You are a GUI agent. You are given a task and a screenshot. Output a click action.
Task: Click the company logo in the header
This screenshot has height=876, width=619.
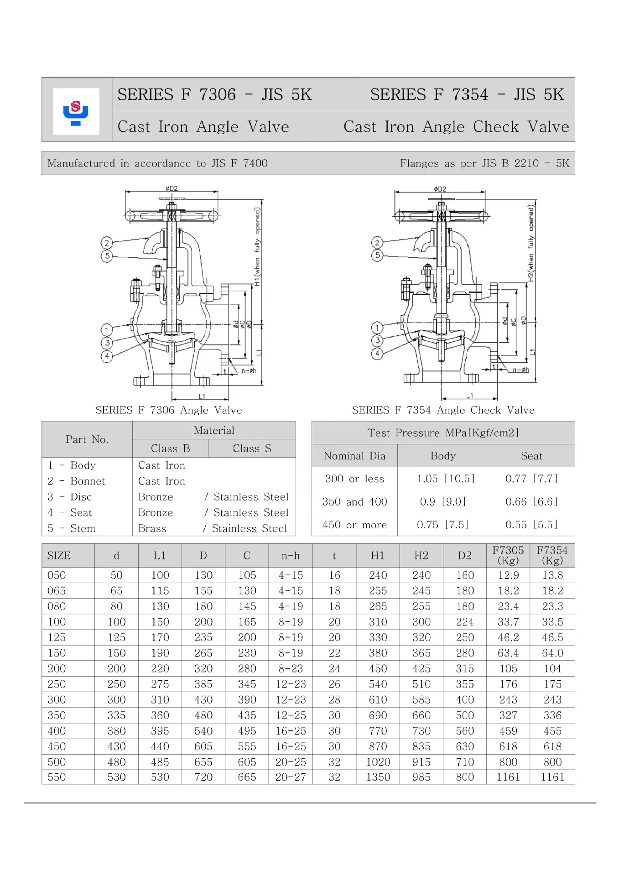coord(76,112)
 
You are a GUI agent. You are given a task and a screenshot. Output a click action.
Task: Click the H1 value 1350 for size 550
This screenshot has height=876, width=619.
coord(378,777)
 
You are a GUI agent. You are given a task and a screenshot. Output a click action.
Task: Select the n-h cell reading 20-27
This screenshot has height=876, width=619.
coord(291,777)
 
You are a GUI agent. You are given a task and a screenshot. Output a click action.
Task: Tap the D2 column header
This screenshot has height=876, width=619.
coord(464,555)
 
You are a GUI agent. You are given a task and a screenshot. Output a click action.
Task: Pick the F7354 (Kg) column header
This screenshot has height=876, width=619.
coord(552,555)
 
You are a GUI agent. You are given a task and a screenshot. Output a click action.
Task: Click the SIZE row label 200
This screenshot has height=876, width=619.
coord(57,668)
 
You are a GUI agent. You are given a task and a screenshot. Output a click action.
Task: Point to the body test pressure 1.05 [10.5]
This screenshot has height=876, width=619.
coord(445,479)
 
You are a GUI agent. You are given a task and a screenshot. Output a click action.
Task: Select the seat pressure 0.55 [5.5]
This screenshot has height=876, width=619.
coord(531,525)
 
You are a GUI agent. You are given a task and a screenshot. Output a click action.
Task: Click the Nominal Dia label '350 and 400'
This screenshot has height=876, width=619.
coord(354,502)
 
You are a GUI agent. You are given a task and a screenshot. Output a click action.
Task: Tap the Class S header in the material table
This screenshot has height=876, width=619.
coord(252,448)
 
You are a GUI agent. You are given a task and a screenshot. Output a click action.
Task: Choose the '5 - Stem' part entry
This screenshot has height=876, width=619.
coord(72,528)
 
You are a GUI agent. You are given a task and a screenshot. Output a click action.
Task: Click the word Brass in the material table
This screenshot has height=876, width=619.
coord(152,528)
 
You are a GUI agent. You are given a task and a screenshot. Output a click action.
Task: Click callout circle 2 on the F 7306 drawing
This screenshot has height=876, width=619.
coord(107,243)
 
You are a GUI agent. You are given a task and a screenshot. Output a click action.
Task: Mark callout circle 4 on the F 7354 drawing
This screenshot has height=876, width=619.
coord(377,354)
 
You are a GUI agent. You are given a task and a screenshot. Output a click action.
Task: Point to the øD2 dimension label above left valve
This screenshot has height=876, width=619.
coord(172,188)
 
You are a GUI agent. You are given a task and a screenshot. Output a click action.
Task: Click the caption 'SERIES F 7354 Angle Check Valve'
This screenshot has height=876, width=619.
coord(443,410)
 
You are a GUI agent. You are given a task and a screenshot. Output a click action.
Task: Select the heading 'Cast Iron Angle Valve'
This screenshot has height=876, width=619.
coord(203,126)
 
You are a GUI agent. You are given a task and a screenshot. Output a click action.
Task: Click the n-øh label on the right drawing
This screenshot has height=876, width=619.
coord(521,370)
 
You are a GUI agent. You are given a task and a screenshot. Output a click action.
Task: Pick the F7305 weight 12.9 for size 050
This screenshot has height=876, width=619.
coord(508,575)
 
